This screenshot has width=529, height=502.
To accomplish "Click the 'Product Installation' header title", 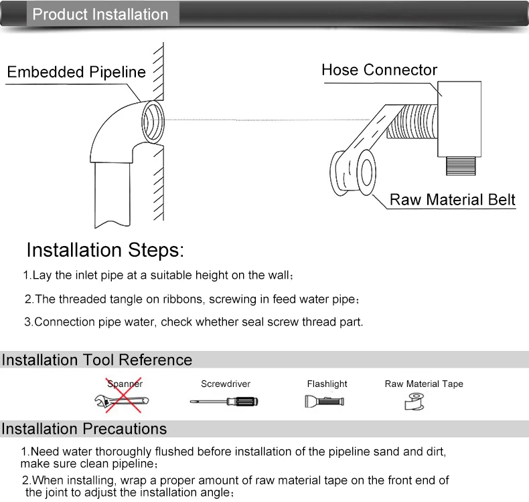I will (100, 14).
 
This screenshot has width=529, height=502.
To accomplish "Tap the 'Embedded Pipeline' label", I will (76, 72).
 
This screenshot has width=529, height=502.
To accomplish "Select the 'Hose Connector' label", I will (379, 70).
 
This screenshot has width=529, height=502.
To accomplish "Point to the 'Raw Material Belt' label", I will (453, 199).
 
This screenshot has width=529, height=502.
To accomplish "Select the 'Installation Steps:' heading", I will (104, 250).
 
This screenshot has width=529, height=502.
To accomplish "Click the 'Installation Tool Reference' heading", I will (96, 360).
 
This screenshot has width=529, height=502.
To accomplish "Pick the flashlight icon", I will (325, 401).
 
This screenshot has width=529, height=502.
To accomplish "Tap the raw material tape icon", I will (415, 400).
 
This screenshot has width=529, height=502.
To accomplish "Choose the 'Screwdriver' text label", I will (226, 384).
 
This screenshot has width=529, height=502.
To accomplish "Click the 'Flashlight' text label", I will (327, 384).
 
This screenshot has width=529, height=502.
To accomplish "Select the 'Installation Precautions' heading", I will (84, 428).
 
